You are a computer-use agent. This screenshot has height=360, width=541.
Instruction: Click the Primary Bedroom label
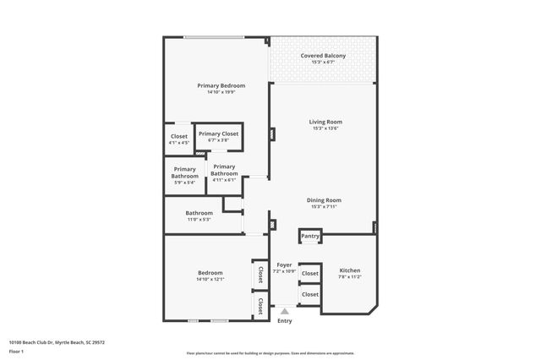[x=221, y=85]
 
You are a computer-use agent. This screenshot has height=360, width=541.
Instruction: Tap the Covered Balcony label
[x=323, y=56]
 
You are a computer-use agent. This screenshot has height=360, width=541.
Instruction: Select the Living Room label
[x=323, y=123]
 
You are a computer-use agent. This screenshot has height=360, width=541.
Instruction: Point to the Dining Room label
[x=325, y=199]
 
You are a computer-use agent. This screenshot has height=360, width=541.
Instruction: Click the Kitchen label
[x=350, y=270]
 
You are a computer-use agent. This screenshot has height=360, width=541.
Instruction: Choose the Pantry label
[x=310, y=236]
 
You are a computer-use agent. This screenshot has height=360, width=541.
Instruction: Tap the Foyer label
[x=284, y=265]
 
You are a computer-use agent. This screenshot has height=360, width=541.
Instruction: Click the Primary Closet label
[x=218, y=134]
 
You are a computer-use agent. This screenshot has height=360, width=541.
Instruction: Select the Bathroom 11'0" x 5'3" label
[x=199, y=213]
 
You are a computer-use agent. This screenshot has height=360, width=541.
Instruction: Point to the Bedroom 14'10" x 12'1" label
[x=210, y=272]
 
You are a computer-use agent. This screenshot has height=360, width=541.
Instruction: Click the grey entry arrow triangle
[x=285, y=311]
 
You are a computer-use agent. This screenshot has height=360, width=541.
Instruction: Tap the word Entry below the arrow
[x=285, y=321]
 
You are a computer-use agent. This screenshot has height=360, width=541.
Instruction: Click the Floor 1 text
[x=16, y=351]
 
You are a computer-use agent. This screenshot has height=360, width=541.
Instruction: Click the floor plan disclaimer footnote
[x=270, y=353]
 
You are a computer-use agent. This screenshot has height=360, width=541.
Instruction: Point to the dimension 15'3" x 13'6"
[x=323, y=129]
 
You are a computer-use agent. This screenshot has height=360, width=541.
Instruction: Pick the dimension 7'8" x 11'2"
[x=350, y=277]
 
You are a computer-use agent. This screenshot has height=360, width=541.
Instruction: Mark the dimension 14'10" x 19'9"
[x=221, y=92]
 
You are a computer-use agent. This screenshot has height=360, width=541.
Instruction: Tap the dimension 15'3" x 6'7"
[x=323, y=63]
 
